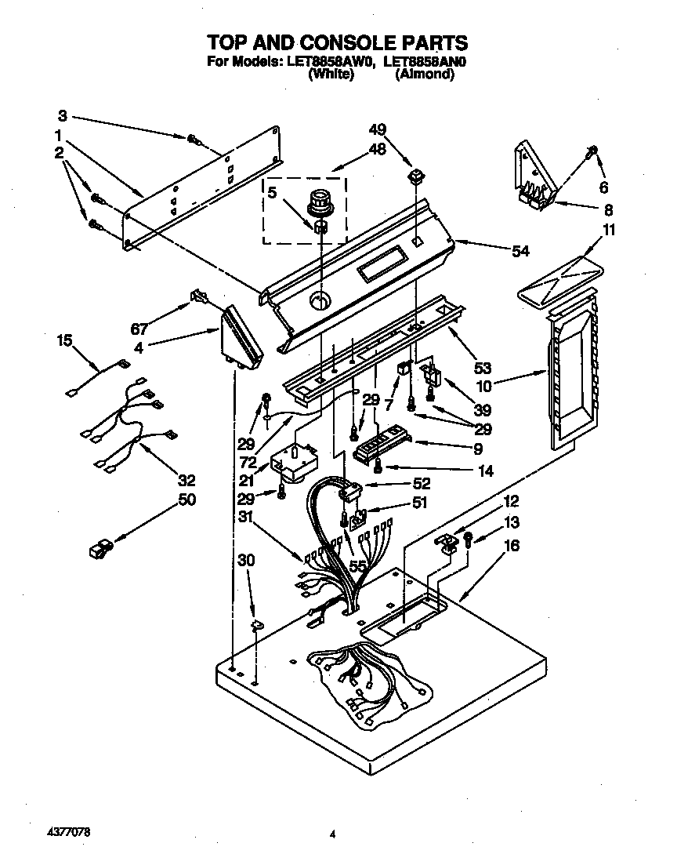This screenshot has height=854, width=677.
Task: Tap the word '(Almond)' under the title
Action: (x=425, y=74)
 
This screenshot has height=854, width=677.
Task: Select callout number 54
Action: (x=520, y=251)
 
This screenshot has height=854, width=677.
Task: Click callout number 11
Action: (x=609, y=230)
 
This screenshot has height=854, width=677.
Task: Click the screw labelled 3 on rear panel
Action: (x=194, y=140)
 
